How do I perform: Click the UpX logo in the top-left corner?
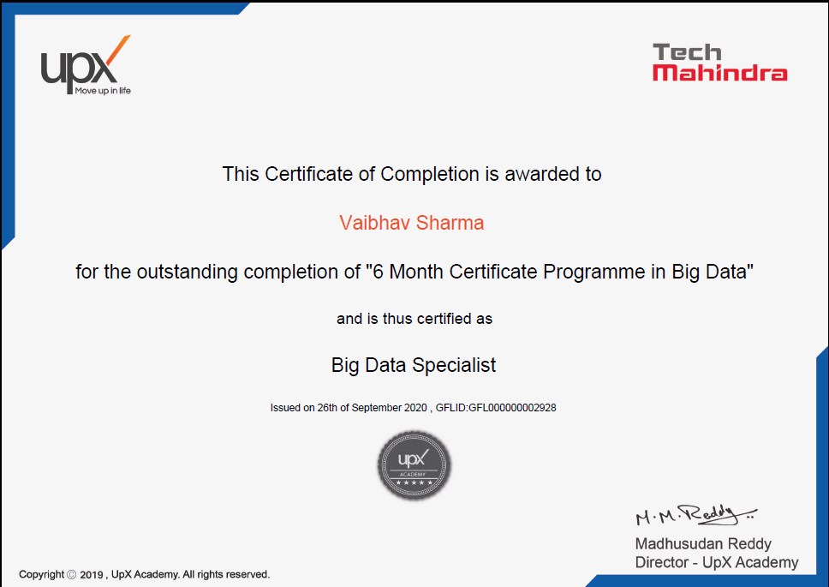(x=86, y=65)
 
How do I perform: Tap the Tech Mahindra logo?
(x=720, y=63)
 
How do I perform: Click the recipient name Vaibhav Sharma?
(x=411, y=223)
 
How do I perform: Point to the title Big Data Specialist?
(x=414, y=365)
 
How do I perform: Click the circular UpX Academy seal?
(x=414, y=465)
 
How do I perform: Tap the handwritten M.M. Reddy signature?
(x=695, y=514)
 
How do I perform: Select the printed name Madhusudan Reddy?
(x=703, y=543)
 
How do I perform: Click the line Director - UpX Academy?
(x=717, y=562)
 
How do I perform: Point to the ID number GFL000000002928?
(x=512, y=408)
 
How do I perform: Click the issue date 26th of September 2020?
(x=372, y=408)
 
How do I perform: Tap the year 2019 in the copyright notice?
(x=92, y=575)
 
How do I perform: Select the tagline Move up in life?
(x=103, y=91)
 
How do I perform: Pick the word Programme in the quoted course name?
(x=594, y=272)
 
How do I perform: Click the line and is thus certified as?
(x=414, y=319)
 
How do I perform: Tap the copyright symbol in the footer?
(x=72, y=574)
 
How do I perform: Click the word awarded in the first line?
(x=542, y=174)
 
